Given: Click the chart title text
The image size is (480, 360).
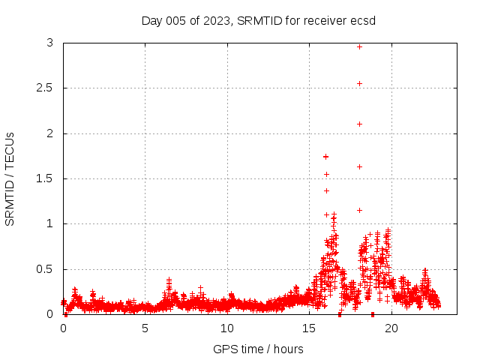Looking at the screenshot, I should [259, 20].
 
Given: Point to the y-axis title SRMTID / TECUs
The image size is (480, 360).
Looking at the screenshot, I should [10, 178].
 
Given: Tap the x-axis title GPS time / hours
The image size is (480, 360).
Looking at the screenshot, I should [258, 349].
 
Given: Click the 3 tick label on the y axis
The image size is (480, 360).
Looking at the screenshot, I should [49, 43].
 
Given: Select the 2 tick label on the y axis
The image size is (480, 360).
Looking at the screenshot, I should [49, 133].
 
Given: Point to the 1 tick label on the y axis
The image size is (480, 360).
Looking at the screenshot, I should [49, 223].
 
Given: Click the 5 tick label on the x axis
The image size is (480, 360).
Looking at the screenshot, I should [145, 328].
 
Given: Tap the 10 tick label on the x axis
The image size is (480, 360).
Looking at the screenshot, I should [227, 328].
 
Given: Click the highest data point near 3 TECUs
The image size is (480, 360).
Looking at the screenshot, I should [359, 46].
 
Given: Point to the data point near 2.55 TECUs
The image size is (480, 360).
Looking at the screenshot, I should [359, 83].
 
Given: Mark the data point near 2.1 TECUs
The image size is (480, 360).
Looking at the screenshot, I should [359, 124].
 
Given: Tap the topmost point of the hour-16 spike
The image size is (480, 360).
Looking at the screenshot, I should [325, 156].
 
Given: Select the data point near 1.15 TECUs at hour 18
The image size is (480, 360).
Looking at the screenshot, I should [359, 210].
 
